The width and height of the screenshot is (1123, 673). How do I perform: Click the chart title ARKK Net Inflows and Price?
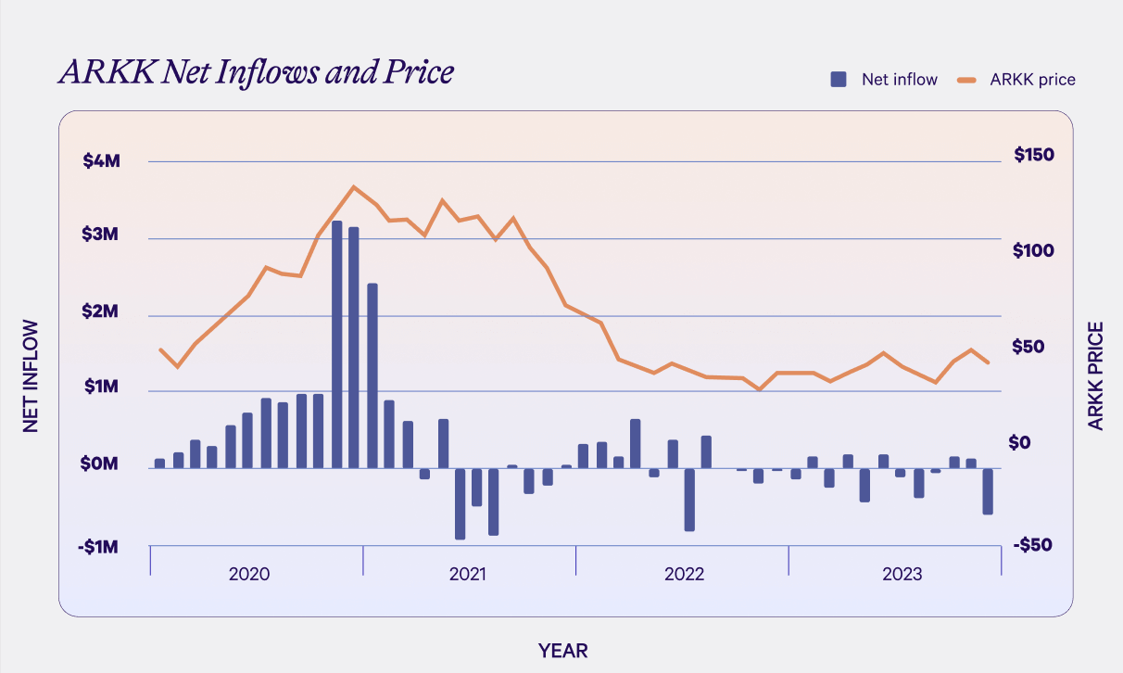pos(256,72)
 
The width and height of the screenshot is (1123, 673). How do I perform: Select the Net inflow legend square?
pos(839,80)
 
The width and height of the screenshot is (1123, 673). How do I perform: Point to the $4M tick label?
pos(101,161)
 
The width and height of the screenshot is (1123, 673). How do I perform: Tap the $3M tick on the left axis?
pos(101,236)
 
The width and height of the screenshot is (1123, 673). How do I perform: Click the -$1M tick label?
pos(98,548)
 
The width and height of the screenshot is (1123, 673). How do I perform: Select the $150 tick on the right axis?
pos(1035,155)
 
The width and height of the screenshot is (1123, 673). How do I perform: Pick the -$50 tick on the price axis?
pos(1033,545)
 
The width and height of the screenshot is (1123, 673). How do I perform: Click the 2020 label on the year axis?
pos(249,574)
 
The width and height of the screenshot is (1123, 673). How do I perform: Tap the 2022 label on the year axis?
pos(684,574)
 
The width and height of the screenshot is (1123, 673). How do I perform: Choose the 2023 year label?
pos(902,574)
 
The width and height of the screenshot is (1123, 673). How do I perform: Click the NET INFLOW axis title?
pos(32,375)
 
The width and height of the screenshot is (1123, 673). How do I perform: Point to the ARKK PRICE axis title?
pos(1096,375)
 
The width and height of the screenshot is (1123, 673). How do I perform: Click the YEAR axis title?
pos(563,651)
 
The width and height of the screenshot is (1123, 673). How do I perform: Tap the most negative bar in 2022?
pos(689,500)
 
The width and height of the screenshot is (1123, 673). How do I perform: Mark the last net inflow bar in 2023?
pos(988,491)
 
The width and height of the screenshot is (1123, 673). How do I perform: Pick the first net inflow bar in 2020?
pos(159,463)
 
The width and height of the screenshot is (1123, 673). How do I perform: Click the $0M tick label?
pos(101,463)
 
